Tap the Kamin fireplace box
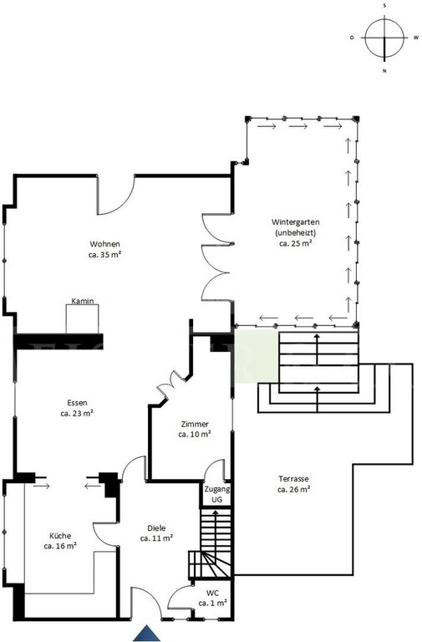click(x=82, y=318)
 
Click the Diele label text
click(x=156, y=528)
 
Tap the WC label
click(x=212, y=593)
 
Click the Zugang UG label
click(x=217, y=494)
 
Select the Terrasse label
click(x=293, y=478)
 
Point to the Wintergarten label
click(x=296, y=222)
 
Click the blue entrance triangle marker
click(x=146, y=634)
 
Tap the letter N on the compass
click(x=384, y=71)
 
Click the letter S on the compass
click(x=384, y=5)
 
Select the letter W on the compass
click(x=416, y=38)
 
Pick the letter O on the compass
click(x=352, y=38)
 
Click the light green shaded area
click(x=257, y=355)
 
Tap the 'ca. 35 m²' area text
click(x=104, y=254)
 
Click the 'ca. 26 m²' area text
click(x=293, y=489)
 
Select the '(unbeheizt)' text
click(x=296, y=232)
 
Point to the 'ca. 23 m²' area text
click(x=77, y=413)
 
